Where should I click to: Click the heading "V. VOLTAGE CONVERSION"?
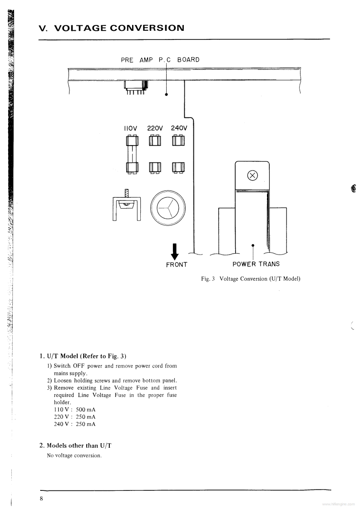pos(112,28)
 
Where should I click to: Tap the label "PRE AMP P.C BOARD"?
pos(160,59)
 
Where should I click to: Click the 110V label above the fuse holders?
pos(130,128)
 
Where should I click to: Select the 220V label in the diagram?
pos(155,128)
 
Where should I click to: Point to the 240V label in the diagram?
pos(179,128)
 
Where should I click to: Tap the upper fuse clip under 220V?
pos(155,142)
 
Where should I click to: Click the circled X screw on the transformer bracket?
pos(252,175)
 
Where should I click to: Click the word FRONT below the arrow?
pos(177,264)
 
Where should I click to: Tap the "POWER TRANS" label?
pos(256,264)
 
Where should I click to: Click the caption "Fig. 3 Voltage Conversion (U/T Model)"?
pos(251,279)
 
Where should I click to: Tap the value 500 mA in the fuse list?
pos(85,409)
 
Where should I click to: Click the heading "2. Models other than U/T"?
pos(76,445)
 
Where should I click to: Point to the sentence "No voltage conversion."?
pos(74,455)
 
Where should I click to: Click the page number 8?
pos(41,499)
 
